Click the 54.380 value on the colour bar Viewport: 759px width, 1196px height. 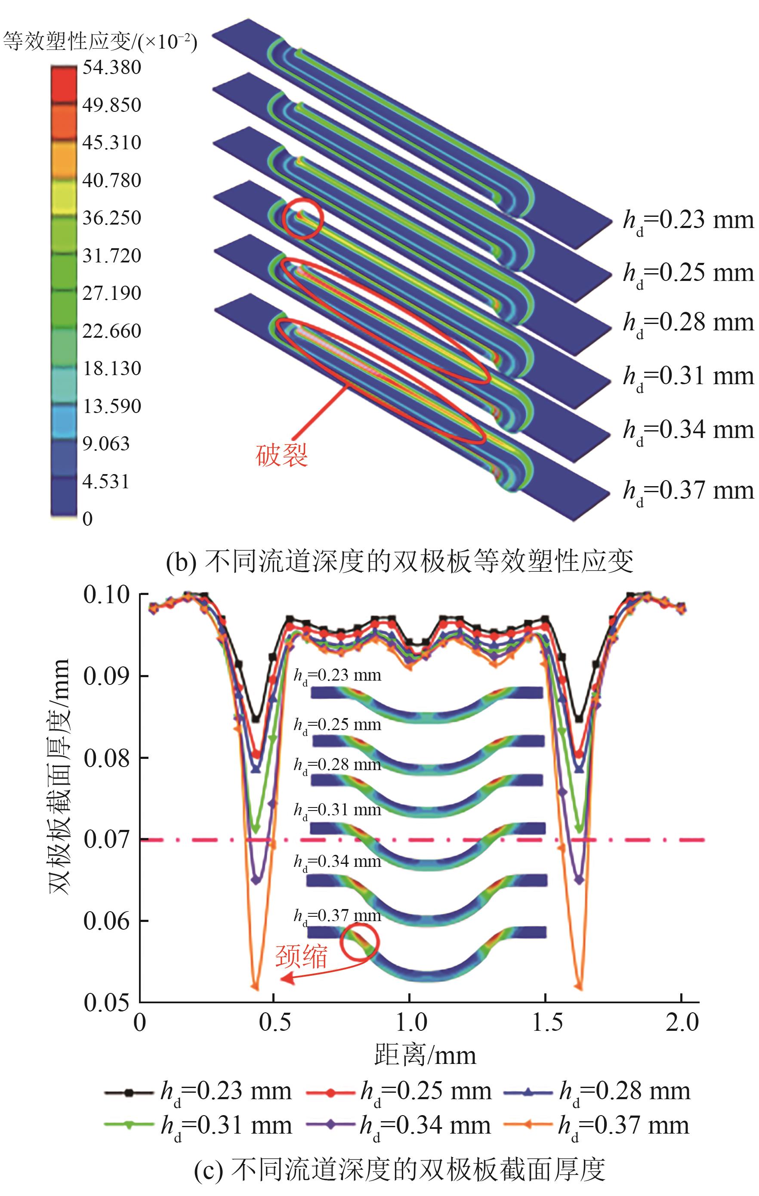(x=112, y=67)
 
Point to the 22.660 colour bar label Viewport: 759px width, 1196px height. (x=112, y=331)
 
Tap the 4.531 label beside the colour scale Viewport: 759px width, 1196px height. (x=106, y=481)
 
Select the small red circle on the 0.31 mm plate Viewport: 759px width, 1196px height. (x=303, y=219)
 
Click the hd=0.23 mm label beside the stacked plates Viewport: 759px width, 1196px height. (x=688, y=220)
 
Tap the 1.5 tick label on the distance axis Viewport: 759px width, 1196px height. (x=546, y=1022)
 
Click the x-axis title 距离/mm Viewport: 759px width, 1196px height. (x=425, y=1055)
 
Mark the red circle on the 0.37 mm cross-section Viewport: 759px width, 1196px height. (x=360, y=941)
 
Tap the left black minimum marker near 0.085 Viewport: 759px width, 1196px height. (x=256, y=719)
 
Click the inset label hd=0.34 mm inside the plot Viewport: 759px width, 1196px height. (x=337, y=862)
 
